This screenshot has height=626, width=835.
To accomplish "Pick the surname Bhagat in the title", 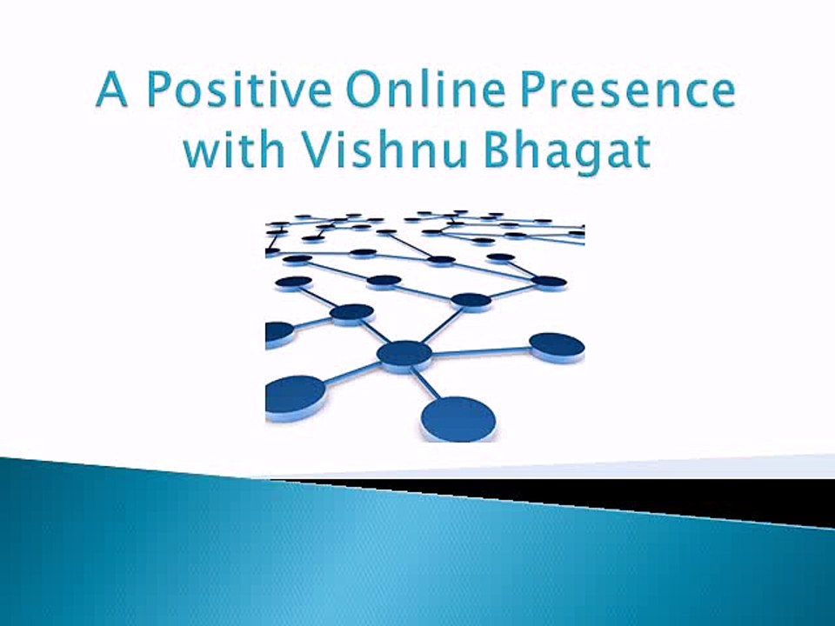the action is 566,150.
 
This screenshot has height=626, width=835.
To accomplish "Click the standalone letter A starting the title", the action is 112,90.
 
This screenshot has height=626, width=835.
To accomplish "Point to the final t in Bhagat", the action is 641,150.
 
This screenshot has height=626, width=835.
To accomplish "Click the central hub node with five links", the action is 404,354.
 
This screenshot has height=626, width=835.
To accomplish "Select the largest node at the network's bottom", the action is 458,419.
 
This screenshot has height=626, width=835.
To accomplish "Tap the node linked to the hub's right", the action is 557,347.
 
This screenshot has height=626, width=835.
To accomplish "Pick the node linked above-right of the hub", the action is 471,301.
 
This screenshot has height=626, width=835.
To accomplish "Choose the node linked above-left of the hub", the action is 352,314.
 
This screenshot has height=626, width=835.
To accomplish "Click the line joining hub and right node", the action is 481,351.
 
